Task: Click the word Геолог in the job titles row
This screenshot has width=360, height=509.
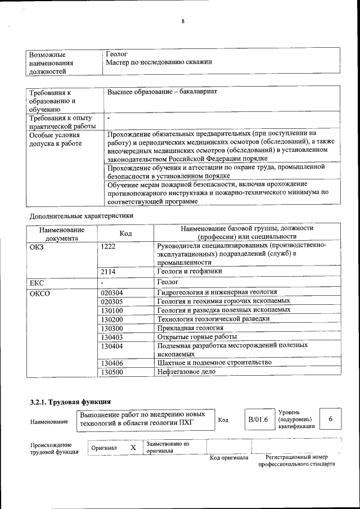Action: (117, 54)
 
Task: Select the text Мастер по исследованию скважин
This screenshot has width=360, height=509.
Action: (159, 62)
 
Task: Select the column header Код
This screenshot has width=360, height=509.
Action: (125, 233)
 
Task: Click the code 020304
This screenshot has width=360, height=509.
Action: (112, 293)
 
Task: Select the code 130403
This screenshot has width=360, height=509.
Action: (112, 337)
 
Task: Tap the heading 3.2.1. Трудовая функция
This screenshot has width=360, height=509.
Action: (70, 402)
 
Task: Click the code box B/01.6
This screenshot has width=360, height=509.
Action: (258, 420)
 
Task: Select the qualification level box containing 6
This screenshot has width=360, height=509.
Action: (330, 420)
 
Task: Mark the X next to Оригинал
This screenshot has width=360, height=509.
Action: (133, 447)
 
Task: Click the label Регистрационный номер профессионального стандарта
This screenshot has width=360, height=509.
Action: (293, 461)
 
